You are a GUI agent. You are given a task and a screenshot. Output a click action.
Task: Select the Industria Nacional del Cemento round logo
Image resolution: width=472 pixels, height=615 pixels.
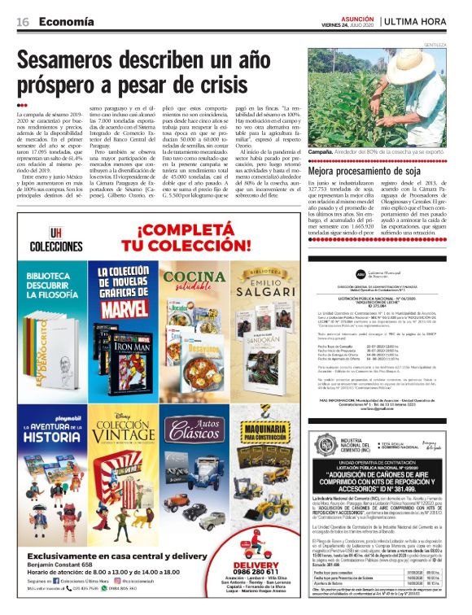[326, 443]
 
